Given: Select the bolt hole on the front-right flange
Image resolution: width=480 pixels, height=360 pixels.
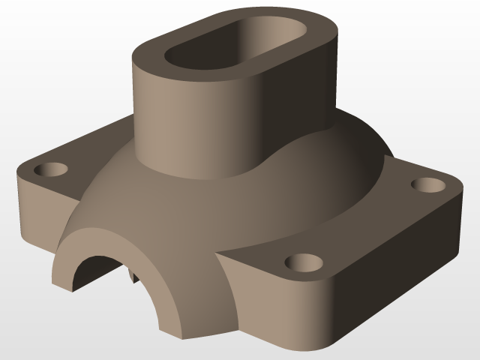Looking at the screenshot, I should (304, 262).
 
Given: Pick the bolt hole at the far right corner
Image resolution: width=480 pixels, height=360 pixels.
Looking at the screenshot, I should (427, 184).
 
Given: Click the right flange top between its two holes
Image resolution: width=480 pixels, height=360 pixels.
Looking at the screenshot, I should (367, 225).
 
